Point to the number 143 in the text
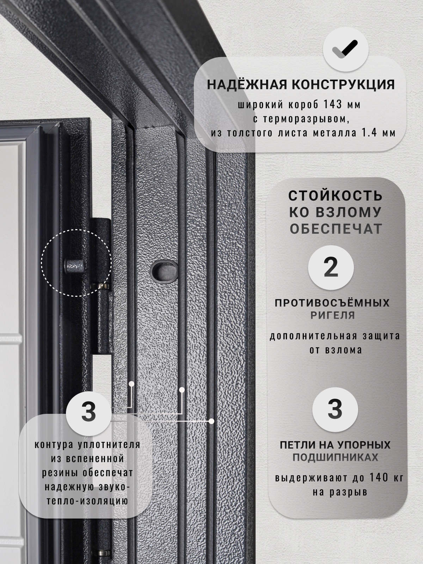pyautogui.click(x=331, y=105)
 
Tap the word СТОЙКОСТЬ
pyautogui.click(x=335, y=196)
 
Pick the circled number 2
pyautogui.click(x=331, y=268)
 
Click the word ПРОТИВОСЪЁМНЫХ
pyautogui.click(x=332, y=303)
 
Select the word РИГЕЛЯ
pyautogui.click(x=332, y=315)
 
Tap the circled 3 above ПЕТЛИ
pyautogui.click(x=335, y=410)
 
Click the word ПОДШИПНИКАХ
pyautogui.click(x=335, y=458)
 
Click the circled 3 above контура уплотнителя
pyautogui.click(x=88, y=412)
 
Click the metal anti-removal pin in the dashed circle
pyautogui.click(x=73, y=265)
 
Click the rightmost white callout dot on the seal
pyautogui.click(x=211, y=421)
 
